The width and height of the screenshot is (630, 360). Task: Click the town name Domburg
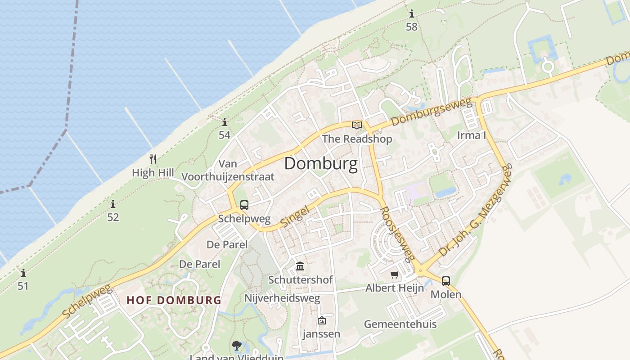tap(321, 163)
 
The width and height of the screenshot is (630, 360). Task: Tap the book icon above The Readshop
tap(357, 125)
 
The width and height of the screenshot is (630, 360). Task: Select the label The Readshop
tap(357, 139)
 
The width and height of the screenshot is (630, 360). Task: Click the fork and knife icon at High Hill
tap(153, 159)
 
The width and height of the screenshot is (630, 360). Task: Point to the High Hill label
tap(153, 172)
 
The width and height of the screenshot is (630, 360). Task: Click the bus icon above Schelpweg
tap(244, 206)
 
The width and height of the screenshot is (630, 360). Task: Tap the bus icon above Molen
tap(445, 281)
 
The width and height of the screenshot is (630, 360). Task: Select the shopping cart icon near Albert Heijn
tap(395, 274)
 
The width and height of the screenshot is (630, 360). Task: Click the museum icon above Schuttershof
tap(300, 266)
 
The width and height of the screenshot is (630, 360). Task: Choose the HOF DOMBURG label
tap(174, 300)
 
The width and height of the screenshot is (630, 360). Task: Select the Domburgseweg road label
tap(431, 112)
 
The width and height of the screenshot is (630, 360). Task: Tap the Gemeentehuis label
tap(400, 324)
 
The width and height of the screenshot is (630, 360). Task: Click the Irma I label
tap(472, 135)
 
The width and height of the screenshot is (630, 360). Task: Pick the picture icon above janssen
tap(321, 321)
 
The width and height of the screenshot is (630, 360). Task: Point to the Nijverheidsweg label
tap(282, 298)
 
